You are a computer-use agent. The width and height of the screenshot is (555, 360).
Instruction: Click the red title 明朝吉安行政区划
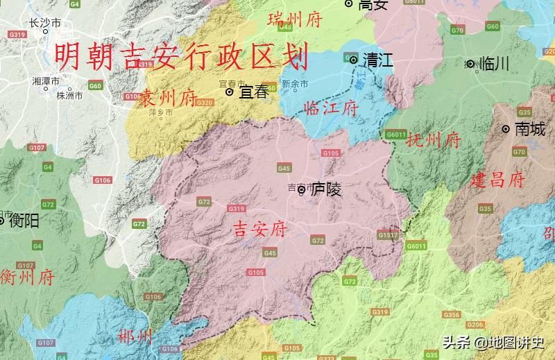point(181,55)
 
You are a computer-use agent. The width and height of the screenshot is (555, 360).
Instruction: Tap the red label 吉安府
point(259,229)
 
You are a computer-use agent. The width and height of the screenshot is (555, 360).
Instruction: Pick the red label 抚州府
point(433,141)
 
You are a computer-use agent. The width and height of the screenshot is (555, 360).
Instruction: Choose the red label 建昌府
point(497,180)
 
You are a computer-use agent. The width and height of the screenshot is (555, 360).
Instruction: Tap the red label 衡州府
point(27,277)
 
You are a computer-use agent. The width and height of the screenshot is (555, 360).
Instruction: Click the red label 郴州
point(135,337)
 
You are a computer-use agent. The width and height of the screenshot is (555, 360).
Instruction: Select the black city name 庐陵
point(326,189)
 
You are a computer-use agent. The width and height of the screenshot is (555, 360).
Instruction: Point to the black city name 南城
point(529,128)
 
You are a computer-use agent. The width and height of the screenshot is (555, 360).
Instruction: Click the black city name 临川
point(495,64)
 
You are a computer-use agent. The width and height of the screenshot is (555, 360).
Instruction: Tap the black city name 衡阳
point(22,221)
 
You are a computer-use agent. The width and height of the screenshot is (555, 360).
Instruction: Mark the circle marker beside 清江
point(354,60)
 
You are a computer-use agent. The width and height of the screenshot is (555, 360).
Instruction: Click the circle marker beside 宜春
point(230,92)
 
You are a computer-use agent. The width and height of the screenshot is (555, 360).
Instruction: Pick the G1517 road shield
point(388,235)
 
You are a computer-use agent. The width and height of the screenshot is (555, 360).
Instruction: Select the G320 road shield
point(205,102)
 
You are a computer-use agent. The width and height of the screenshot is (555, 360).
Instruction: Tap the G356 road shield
point(451,315)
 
